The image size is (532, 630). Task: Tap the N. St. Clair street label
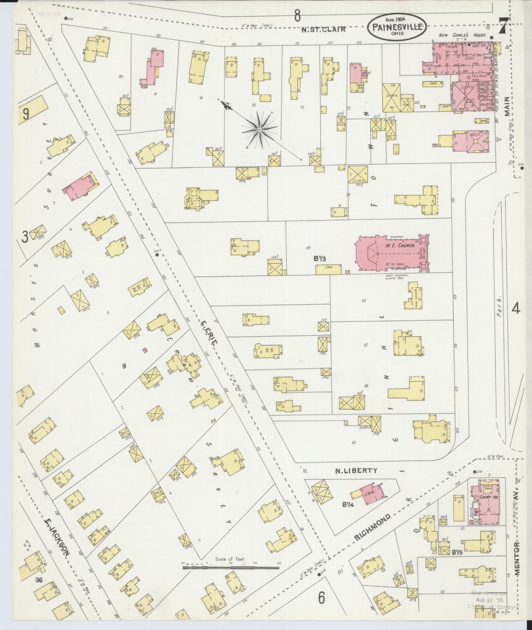pos(323,29)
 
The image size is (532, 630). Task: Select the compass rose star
pos(259,130)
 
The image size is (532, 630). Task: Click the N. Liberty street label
pos(356,471)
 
